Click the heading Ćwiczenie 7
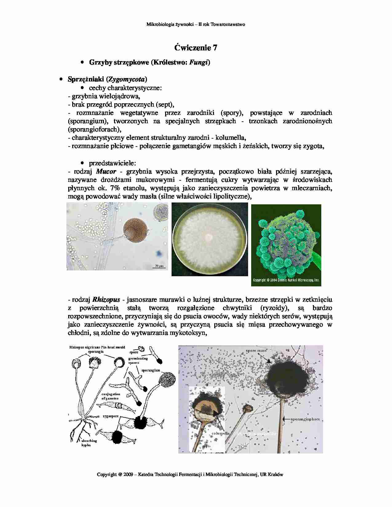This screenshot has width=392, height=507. [196, 48]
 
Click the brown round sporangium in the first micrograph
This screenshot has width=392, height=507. [136, 231]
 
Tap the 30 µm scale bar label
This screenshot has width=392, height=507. [159, 265]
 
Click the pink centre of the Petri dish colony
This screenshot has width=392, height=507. [209, 237]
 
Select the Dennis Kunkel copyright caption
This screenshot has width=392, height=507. [286, 280]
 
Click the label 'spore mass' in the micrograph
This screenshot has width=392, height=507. [256, 350]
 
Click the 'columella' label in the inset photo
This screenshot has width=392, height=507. [221, 433]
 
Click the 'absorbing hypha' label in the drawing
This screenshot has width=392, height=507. [89, 442]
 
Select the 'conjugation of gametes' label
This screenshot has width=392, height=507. [111, 396]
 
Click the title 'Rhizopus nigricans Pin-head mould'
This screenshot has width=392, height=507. [97, 347]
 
